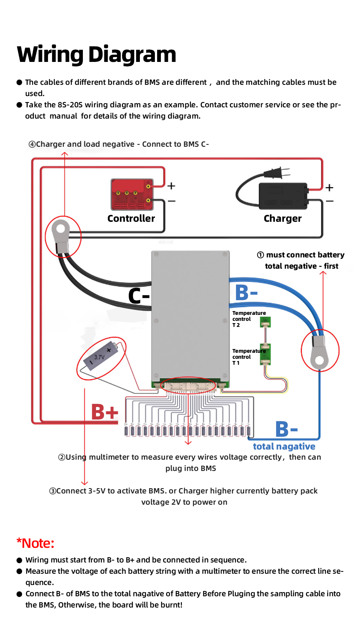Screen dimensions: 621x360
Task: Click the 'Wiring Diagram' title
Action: tap(96, 54)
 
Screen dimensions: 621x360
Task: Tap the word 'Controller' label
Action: tap(131, 218)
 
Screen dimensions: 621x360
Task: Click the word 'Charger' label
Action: tap(282, 218)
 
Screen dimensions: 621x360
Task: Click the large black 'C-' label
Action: tap(139, 296)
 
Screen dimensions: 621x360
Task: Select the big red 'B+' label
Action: tap(105, 412)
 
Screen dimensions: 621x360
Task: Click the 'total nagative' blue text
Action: tap(284, 447)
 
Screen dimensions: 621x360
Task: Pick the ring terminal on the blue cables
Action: tap(319, 351)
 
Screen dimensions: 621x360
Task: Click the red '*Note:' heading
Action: tap(36, 543)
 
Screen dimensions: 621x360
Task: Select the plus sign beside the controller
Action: tap(171, 186)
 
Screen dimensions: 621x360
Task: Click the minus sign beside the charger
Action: tap(330, 201)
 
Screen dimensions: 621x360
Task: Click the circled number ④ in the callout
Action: tap(32, 144)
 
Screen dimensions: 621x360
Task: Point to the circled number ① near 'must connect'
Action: tap(260, 255)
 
